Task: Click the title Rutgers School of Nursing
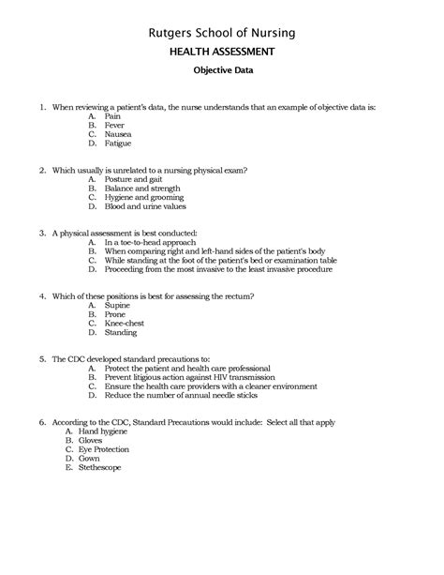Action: coord(222,34)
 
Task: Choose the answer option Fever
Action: coord(114,124)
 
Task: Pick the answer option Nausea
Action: coord(118,134)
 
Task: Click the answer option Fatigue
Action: coord(118,144)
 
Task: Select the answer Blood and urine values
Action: coord(148,208)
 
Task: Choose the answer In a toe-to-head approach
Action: coord(151,241)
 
